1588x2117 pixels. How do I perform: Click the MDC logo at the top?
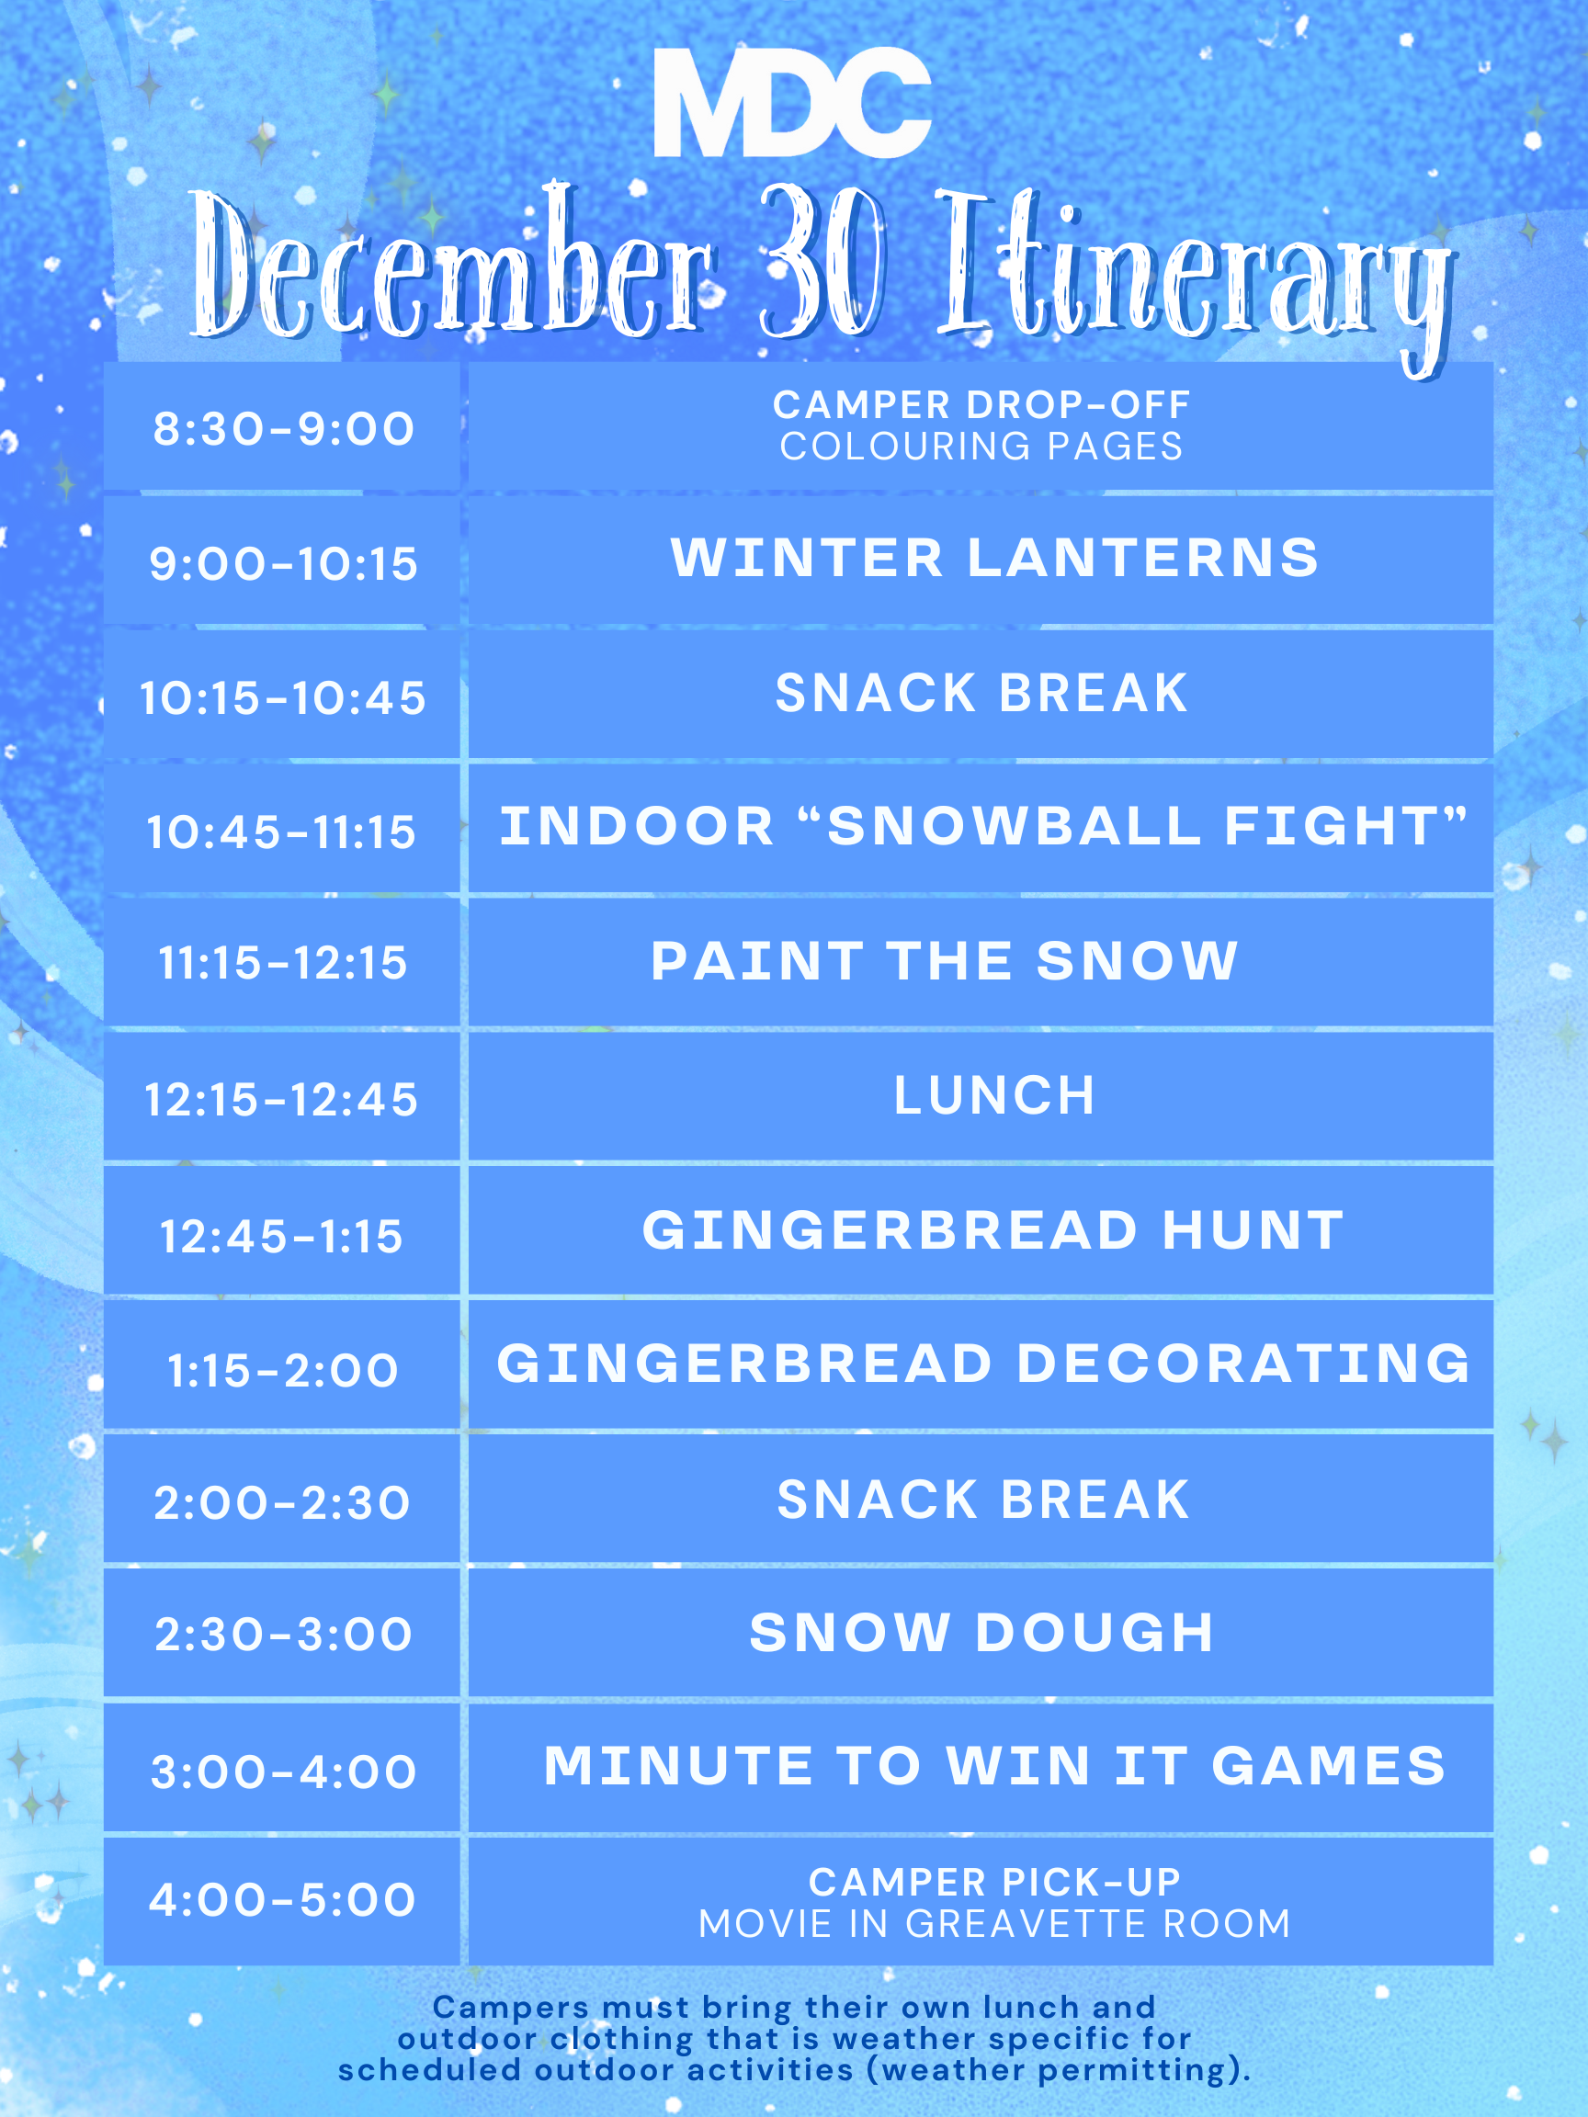click(x=792, y=102)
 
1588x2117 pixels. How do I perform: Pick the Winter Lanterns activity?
click(x=994, y=558)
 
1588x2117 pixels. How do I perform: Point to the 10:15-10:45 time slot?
click(x=283, y=697)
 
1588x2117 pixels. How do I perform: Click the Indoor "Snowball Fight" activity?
click(x=983, y=826)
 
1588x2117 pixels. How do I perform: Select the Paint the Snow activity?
click(x=945, y=961)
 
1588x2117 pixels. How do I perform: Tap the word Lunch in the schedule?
click(x=993, y=1096)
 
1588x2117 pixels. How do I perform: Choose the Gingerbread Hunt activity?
click(x=993, y=1229)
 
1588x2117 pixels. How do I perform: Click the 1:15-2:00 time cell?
click(x=283, y=1370)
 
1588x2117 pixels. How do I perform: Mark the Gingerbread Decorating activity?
click(x=983, y=1364)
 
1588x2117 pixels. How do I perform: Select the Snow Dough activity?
click(x=981, y=1633)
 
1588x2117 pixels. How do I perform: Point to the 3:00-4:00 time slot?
click(x=283, y=1772)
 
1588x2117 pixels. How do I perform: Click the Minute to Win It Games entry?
click(x=994, y=1766)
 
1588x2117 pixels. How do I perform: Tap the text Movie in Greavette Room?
click(x=994, y=1924)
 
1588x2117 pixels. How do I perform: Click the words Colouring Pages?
click(x=981, y=447)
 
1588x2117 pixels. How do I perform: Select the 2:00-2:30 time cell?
click(x=283, y=1502)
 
